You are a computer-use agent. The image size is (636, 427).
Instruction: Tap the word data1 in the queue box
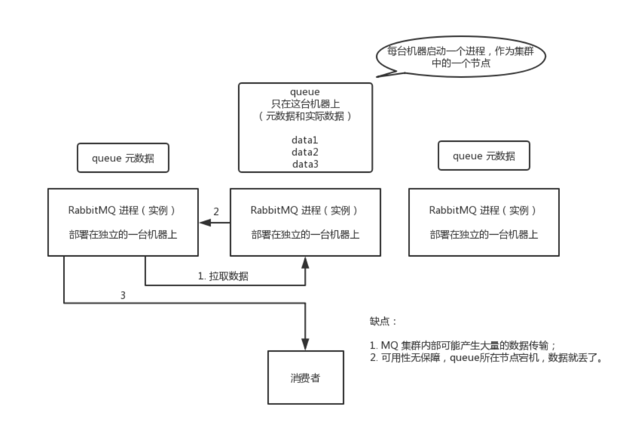pos(304,140)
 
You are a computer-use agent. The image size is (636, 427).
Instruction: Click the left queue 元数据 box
pos(123,158)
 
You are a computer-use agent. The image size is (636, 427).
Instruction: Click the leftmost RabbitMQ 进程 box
pos(122,222)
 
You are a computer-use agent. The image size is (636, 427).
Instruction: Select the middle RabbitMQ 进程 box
pos(304,222)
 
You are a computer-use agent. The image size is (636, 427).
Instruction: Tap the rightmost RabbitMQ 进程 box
pos(484,222)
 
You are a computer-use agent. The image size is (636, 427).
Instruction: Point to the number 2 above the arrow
pos(216,212)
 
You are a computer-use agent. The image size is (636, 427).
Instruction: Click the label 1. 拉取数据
pos(223,276)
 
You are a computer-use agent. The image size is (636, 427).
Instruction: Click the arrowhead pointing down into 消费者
pos(304,346)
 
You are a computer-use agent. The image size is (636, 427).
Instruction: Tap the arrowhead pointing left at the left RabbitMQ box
pos(202,223)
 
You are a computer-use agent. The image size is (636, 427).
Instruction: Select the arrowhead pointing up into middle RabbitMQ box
pos(304,261)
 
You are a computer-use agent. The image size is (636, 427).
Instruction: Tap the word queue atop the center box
pos(304,92)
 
